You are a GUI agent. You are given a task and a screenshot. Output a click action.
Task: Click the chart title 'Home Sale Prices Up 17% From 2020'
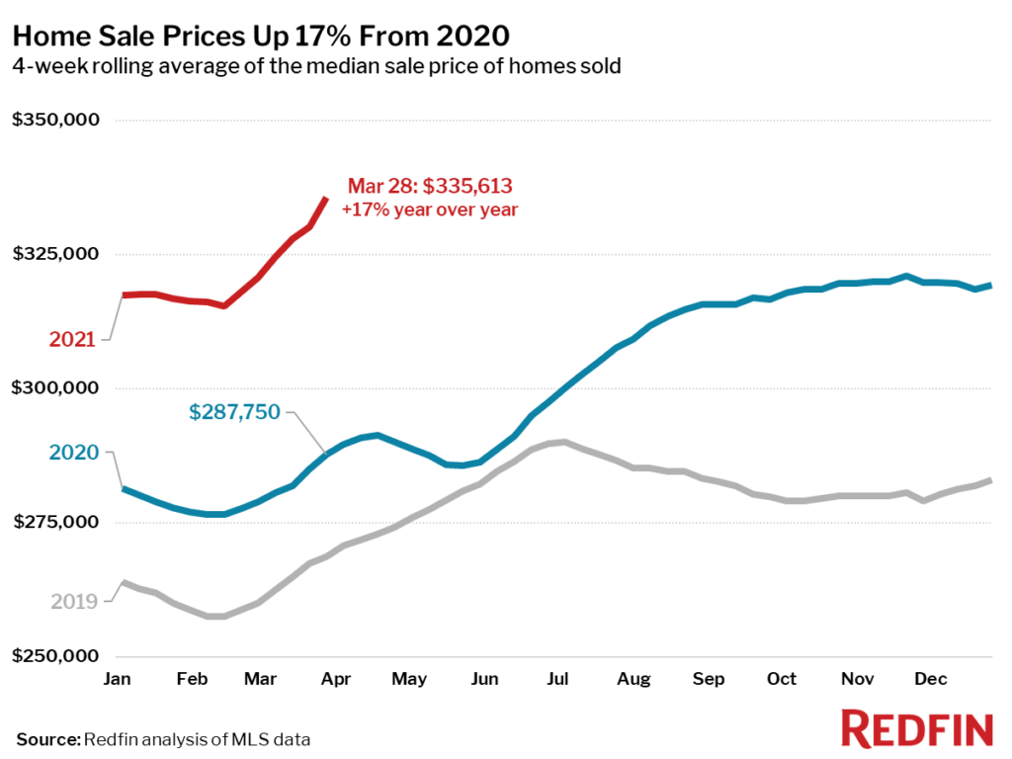(x=261, y=37)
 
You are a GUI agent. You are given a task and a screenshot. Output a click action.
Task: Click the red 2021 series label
(x=72, y=340)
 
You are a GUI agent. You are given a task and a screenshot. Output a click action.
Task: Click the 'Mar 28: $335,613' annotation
(x=430, y=187)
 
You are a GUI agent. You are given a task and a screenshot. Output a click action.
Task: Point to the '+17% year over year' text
(x=430, y=210)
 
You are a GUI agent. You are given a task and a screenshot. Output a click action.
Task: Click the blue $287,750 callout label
(x=234, y=412)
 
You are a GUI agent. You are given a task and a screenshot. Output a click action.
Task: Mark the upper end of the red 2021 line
(x=326, y=199)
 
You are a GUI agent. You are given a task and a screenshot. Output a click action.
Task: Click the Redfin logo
(x=916, y=728)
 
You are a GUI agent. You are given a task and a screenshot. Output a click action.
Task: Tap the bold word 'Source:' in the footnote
(x=47, y=738)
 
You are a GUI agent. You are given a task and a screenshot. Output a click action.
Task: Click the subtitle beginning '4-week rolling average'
(x=316, y=66)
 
